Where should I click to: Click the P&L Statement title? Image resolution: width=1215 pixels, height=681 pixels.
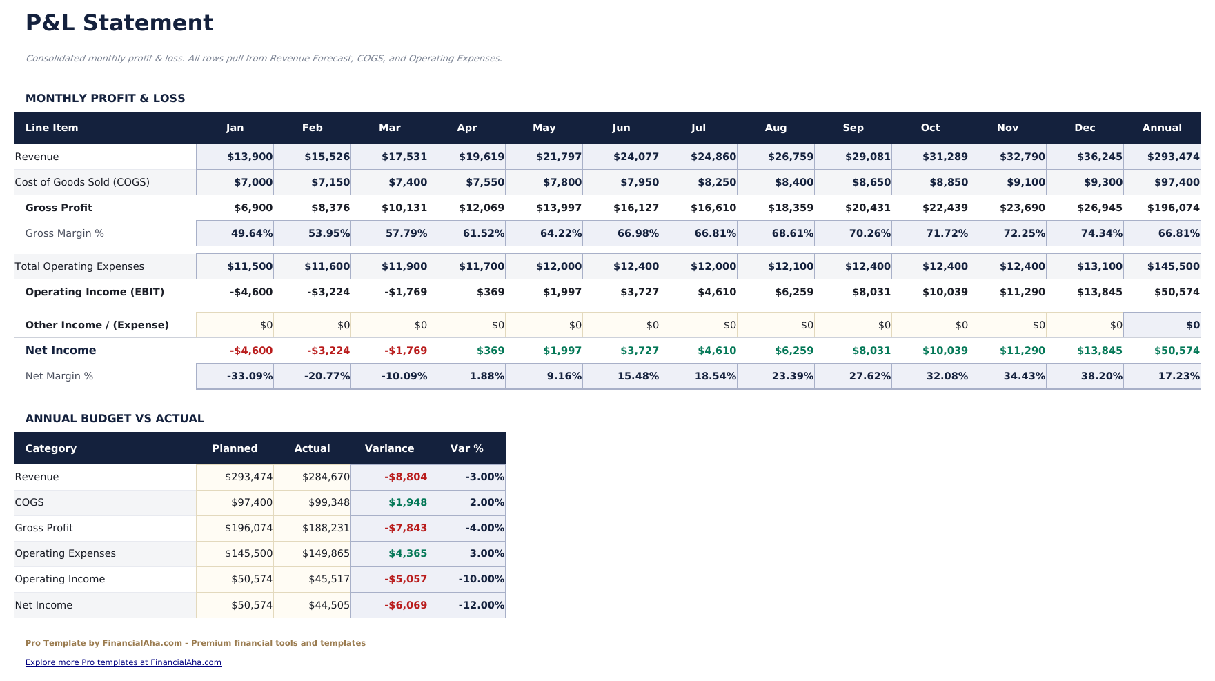click(x=119, y=23)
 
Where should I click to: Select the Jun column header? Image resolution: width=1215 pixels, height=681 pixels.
click(x=621, y=128)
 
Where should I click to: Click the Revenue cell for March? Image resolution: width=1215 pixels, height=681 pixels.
click(x=404, y=157)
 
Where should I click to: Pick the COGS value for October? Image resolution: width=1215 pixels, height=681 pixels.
click(x=945, y=182)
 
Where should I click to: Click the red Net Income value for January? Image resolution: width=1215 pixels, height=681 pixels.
click(x=251, y=351)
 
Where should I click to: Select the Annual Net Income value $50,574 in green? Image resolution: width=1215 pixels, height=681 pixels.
click(x=1176, y=351)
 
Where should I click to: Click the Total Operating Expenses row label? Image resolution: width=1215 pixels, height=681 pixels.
click(x=79, y=266)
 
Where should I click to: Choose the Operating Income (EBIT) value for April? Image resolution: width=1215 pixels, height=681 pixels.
click(x=490, y=292)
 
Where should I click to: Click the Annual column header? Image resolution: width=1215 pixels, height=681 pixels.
click(x=1162, y=128)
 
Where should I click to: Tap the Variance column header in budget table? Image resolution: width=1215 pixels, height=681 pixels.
click(x=389, y=448)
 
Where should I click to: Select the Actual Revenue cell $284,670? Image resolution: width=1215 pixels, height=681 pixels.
click(x=326, y=477)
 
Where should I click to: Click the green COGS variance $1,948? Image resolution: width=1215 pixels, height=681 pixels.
click(x=407, y=502)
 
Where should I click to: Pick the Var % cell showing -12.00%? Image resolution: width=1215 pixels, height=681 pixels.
click(x=481, y=605)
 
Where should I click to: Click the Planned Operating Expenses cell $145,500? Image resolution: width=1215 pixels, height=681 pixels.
click(x=248, y=553)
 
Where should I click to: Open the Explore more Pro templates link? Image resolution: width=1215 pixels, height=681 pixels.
click(x=124, y=662)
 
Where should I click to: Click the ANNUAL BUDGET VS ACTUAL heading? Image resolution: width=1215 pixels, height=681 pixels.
click(x=115, y=418)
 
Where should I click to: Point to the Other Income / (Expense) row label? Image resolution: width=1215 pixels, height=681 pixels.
click(x=97, y=325)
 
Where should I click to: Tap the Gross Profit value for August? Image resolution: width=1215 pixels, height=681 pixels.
click(x=791, y=208)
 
